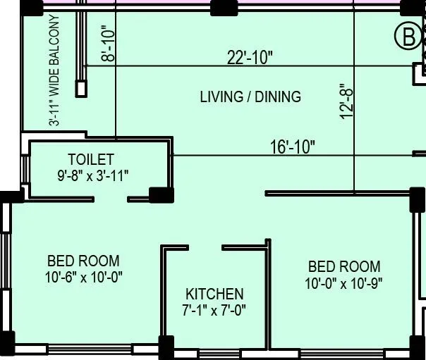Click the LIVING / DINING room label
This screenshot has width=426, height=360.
click(x=250, y=97)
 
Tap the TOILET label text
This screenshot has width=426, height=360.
click(x=90, y=159)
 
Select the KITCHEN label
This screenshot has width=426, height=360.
click(x=214, y=294)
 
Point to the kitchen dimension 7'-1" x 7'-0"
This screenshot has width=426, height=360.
click(x=214, y=309)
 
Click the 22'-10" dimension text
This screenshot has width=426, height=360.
click(x=250, y=58)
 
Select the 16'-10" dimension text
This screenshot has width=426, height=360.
click(x=293, y=147)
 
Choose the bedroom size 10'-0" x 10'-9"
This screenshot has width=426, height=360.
click(x=343, y=283)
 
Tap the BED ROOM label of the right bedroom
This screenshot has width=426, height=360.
click(x=343, y=267)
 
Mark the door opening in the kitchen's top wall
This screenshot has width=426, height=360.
click(x=205, y=247)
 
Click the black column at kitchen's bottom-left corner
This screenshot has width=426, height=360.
click(x=166, y=346)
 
